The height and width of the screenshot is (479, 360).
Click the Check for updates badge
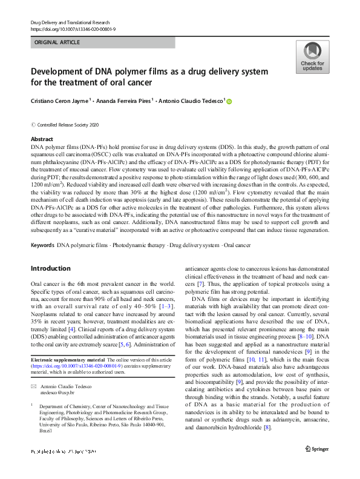point(312,58)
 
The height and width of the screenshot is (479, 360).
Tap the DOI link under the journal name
point(73,29)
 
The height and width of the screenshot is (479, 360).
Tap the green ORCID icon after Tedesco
point(229,102)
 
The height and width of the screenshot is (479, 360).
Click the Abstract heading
point(42,139)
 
